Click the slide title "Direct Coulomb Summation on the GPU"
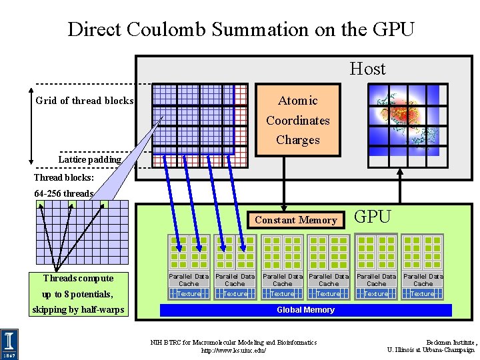(x=241, y=29)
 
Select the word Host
(x=367, y=68)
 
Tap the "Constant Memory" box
(x=296, y=220)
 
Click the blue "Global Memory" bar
(x=306, y=310)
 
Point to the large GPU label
(x=372, y=217)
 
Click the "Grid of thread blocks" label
(x=85, y=101)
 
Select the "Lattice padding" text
(x=89, y=159)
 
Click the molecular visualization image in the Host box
(x=407, y=120)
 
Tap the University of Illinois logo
(x=10, y=344)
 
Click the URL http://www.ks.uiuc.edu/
(x=233, y=350)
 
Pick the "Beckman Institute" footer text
(x=452, y=342)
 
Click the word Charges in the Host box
(x=298, y=140)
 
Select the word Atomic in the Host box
(x=298, y=101)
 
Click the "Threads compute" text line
(x=78, y=278)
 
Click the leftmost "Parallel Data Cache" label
(x=189, y=279)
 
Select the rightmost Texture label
(x=423, y=293)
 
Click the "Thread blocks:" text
(x=64, y=178)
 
